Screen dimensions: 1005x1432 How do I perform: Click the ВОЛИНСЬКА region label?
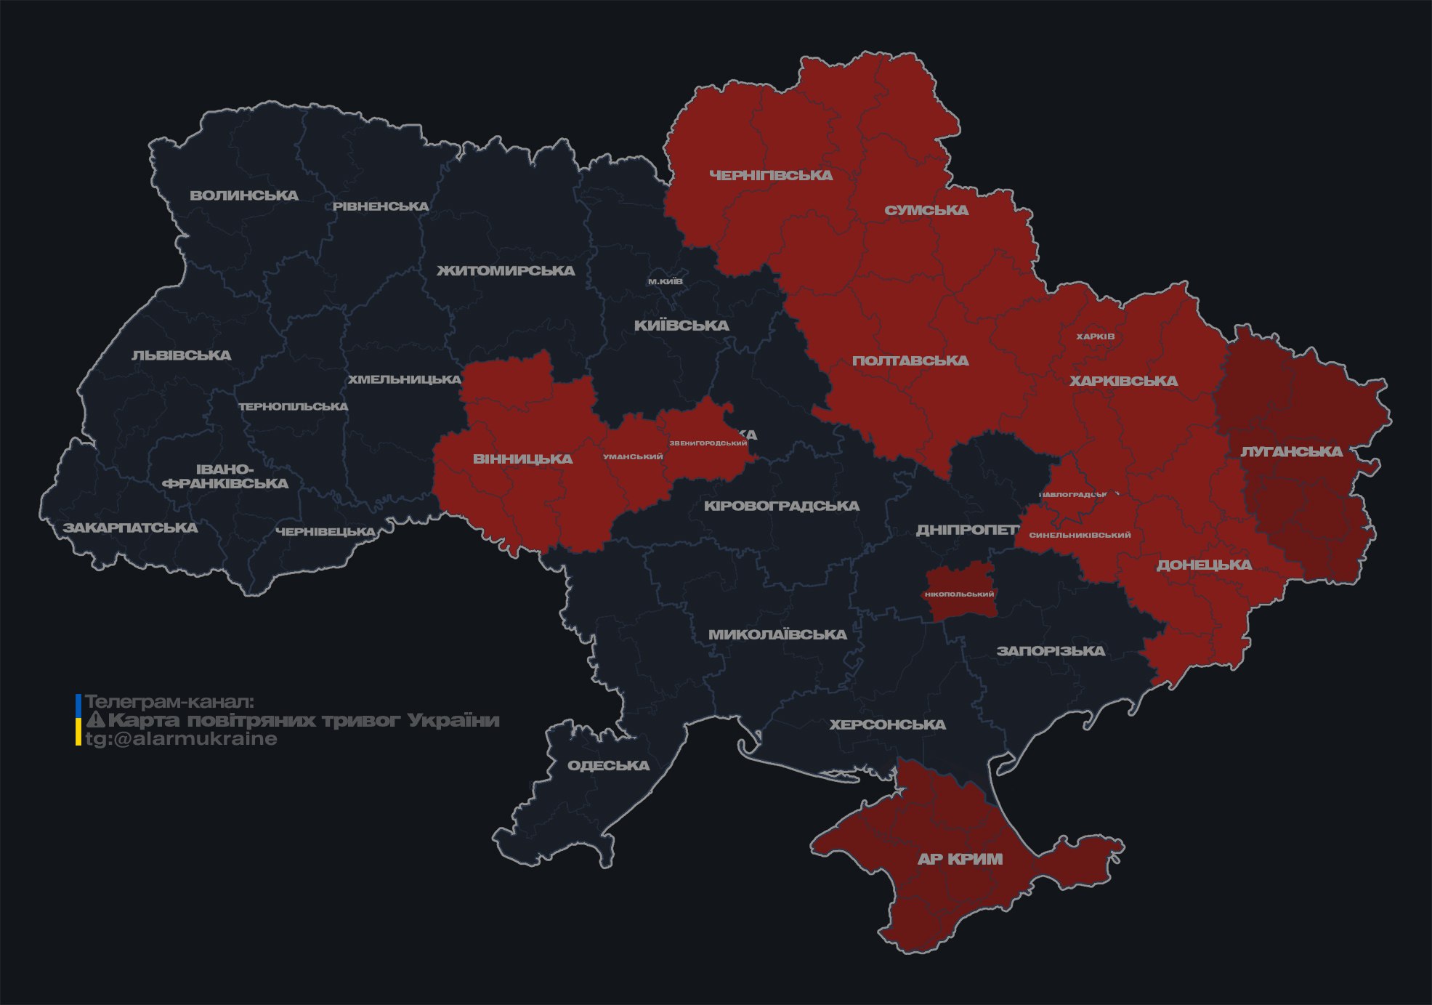243,195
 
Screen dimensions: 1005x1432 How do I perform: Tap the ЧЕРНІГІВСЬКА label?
770,175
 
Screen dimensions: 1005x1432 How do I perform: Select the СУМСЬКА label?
926,211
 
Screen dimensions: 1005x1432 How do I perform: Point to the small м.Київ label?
665,281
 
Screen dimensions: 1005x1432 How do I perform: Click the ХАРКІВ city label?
1095,336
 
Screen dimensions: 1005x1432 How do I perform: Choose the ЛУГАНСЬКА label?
1290,451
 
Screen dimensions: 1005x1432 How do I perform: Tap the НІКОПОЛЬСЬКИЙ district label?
959,594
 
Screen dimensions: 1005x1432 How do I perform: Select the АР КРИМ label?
959,859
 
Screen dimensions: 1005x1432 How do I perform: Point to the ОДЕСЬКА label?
608,765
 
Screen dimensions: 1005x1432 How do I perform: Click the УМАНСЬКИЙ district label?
633,457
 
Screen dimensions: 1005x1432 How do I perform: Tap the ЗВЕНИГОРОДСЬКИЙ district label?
708,443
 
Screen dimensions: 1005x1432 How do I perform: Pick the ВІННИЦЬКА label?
522,459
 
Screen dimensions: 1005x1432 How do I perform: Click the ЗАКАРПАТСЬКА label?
130,528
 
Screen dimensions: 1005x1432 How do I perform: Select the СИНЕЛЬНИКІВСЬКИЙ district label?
1080,535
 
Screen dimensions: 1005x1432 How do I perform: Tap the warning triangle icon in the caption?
95,720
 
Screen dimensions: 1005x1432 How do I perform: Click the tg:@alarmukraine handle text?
181,739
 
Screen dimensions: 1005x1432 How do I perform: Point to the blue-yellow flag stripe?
78,720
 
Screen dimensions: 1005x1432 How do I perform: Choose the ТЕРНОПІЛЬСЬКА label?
294,406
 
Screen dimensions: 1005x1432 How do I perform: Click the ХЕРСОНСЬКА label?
887,725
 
